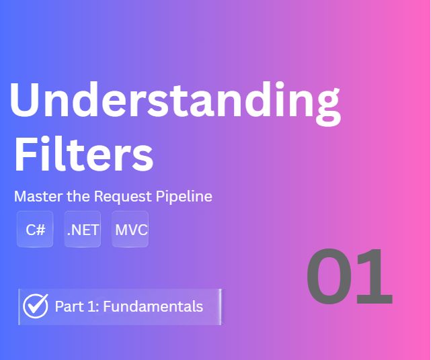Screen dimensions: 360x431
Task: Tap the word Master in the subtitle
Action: point(36,197)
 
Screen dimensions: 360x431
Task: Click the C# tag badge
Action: point(35,230)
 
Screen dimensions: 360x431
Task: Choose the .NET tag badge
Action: point(83,230)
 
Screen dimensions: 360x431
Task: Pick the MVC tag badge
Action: point(130,230)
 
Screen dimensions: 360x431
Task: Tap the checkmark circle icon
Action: point(36,306)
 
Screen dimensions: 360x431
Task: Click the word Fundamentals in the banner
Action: point(153,307)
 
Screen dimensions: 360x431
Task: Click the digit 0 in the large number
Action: point(331,277)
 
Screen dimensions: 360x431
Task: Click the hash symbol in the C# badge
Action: point(40,230)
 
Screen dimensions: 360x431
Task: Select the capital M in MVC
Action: point(121,230)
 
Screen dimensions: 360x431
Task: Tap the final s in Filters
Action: point(143,157)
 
